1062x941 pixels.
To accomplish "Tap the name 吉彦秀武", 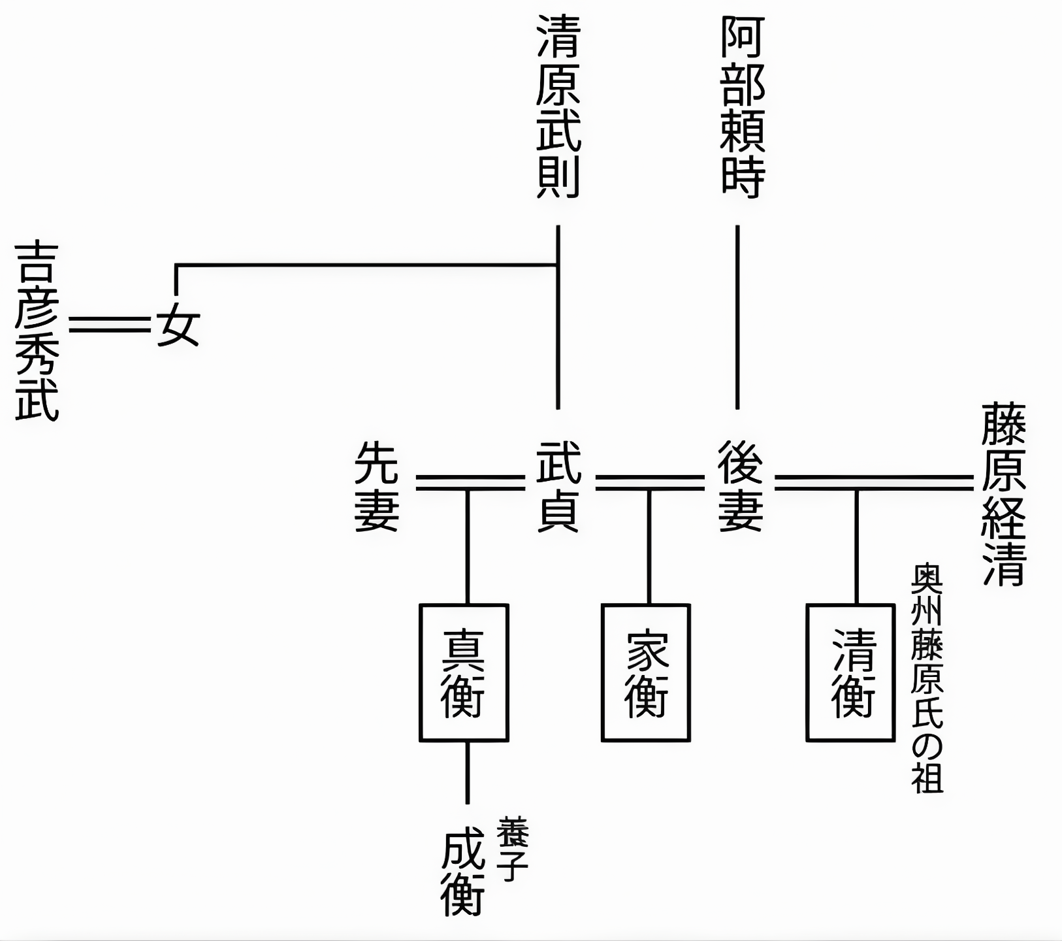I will pyautogui.click(x=37, y=331).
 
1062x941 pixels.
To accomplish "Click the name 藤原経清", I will pyautogui.click(x=1004, y=495).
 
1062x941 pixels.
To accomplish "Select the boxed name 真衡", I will pyautogui.click(x=464, y=672).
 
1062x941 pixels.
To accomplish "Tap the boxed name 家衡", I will pyautogui.click(x=645, y=672).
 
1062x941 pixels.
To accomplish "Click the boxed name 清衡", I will pyautogui.click(x=850, y=672).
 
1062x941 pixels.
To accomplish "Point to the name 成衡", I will pyautogui.click(x=463, y=872).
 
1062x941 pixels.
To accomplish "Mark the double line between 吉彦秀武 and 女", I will pyautogui.click(x=110, y=325).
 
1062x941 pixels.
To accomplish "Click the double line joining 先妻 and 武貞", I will pyautogui.click(x=470, y=484).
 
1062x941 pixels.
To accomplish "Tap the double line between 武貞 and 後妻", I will pyautogui.click(x=651, y=484).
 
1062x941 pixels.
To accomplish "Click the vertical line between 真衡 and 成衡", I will pyautogui.click(x=467, y=772).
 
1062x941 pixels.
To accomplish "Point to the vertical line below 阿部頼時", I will pyautogui.click(x=737, y=317).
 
